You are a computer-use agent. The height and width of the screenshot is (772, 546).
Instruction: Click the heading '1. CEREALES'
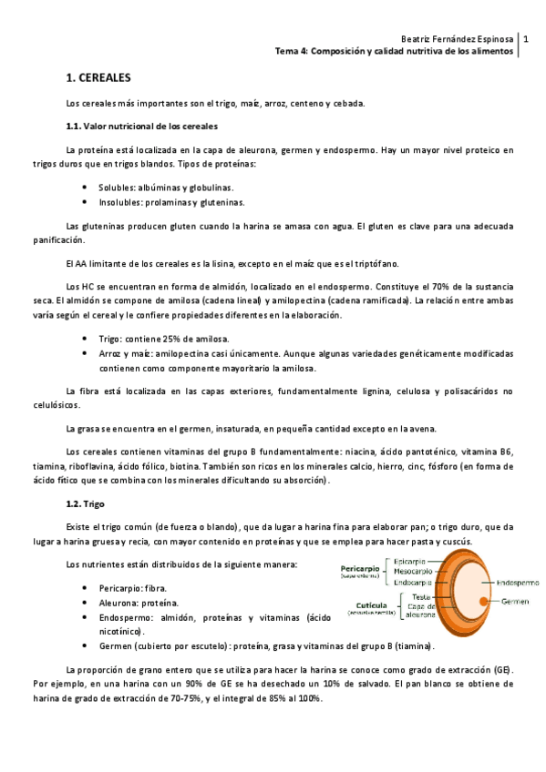[99, 80]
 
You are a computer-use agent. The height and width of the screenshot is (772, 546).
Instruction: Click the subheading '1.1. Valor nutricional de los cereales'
[141, 125]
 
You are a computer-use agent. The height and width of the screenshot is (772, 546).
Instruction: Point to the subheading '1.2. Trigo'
[88, 503]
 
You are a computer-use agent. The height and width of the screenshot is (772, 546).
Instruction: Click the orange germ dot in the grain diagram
[481, 575]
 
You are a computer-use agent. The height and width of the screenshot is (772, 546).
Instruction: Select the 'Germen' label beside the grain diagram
[515, 576]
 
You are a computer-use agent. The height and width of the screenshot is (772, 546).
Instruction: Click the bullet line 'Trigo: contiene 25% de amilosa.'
[163, 339]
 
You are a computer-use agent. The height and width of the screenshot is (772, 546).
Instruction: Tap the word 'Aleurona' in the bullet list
[119, 577]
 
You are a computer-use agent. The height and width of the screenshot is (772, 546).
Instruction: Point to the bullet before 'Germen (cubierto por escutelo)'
[85, 621]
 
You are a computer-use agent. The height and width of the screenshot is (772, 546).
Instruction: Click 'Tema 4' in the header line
[294, 53]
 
